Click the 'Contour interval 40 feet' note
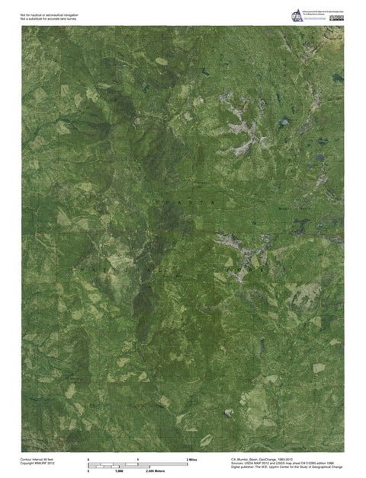pos(37,459)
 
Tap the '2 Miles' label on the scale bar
pos(192,460)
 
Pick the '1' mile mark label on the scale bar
pos(138,460)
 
